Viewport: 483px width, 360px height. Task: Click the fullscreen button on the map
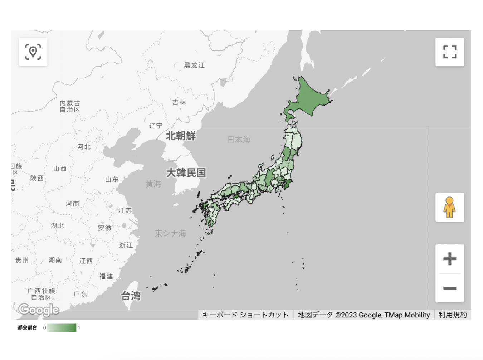pyautogui.click(x=449, y=52)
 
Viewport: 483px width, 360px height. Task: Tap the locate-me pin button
pyautogui.click(x=33, y=52)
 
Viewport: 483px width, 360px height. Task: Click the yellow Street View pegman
pyautogui.click(x=449, y=207)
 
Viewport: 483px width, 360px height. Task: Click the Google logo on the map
pyautogui.click(x=39, y=310)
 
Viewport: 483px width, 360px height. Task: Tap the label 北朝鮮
pyautogui.click(x=181, y=136)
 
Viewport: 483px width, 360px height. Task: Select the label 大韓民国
pyautogui.click(x=186, y=173)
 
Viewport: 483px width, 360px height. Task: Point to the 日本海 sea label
pyautogui.click(x=239, y=140)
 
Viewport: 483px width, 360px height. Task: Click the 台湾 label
pyautogui.click(x=131, y=296)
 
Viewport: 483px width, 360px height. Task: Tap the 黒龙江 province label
pyautogui.click(x=194, y=65)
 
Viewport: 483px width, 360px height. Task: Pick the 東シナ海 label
pyautogui.click(x=170, y=233)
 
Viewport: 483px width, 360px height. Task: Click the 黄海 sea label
pyautogui.click(x=153, y=184)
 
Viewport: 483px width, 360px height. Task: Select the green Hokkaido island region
pyautogui.click(x=309, y=98)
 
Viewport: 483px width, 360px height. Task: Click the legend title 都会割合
pyautogui.click(x=27, y=327)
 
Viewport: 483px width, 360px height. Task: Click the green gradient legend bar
pyautogui.click(x=62, y=327)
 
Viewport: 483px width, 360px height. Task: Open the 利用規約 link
pyautogui.click(x=453, y=315)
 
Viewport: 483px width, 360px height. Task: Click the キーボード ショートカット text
pyautogui.click(x=245, y=315)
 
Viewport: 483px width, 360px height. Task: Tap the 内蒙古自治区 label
pyautogui.click(x=70, y=106)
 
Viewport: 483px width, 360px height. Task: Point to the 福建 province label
pyautogui.click(x=106, y=276)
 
